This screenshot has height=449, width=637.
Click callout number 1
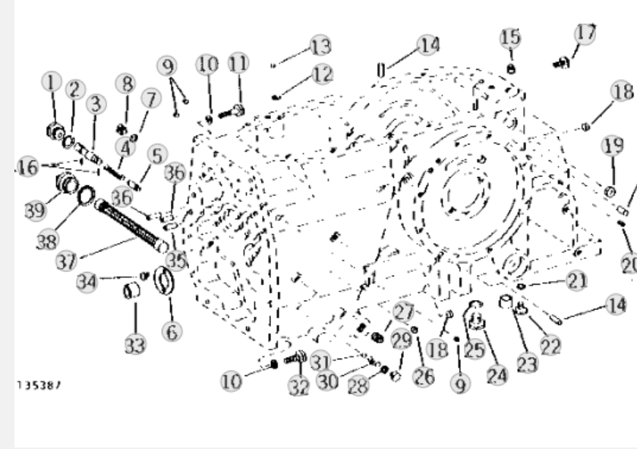51,82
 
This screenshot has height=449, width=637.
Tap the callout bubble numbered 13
320,46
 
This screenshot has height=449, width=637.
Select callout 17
585,33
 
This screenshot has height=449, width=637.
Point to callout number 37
67,261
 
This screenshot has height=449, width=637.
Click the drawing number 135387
39,385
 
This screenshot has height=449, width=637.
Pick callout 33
135,346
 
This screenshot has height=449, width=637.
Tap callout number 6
172,331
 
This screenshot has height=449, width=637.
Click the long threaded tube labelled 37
131,225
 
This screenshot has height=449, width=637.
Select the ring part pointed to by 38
86,195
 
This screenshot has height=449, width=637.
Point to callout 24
497,375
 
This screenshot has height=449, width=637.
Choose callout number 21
576,280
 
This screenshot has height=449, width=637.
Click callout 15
510,38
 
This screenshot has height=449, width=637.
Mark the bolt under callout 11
232,112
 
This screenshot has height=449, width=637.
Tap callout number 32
299,386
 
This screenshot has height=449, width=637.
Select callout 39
36,210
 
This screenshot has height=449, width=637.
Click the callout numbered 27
404,312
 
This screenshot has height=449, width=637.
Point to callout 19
613,146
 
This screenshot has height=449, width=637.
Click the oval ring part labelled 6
164,280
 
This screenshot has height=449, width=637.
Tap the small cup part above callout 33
131,291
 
